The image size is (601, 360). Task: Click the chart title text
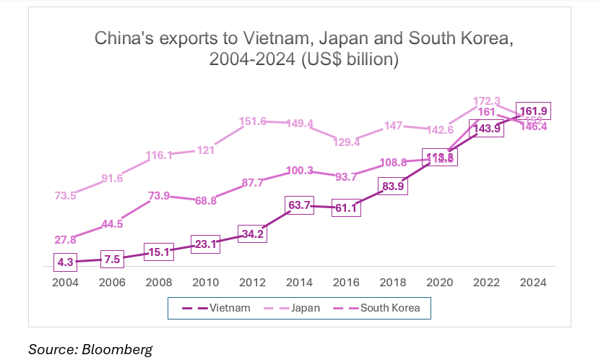[303, 48]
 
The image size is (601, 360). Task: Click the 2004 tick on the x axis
[66, 283]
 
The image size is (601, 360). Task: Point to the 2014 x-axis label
[300, 283]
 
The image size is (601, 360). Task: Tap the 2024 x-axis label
[534, 283]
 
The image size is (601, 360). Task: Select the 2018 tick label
[394, 283]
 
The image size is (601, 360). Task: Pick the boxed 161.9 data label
[534, 111]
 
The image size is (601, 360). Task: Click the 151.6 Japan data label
[253, 121]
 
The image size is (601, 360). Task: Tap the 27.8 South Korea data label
[66, 239]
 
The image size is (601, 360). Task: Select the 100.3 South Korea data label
[300, 171]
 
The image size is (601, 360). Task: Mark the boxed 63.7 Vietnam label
[300, 205]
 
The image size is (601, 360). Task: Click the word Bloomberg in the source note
[117, 349]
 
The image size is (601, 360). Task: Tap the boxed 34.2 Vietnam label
[253, 234]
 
